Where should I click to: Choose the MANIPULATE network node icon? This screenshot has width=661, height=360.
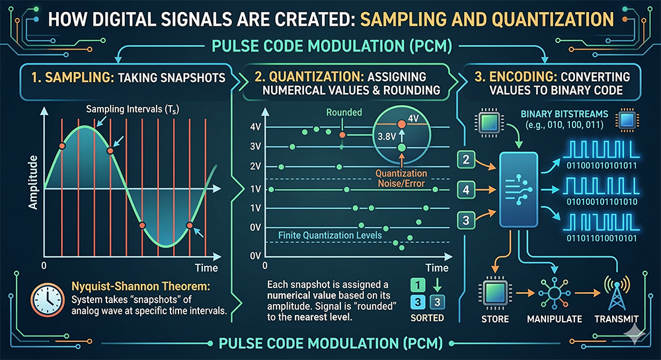pos(555,291)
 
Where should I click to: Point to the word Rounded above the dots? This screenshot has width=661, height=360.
pos(344,112)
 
